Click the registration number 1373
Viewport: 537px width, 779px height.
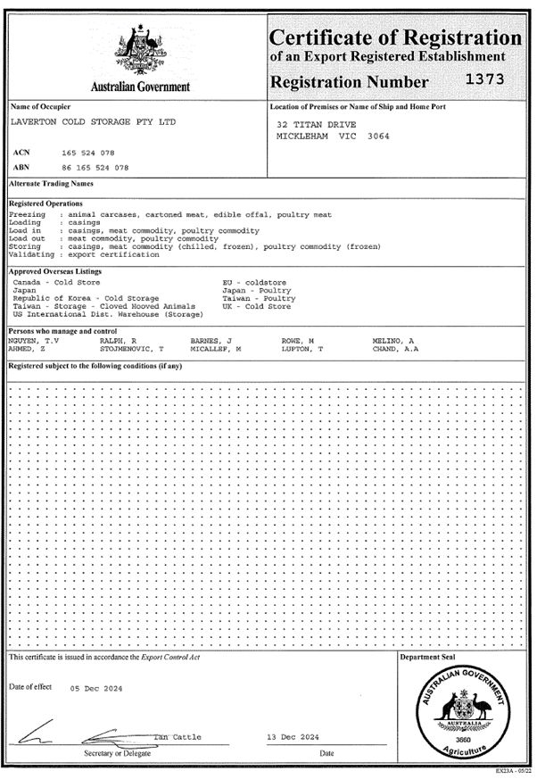[x=485, y=79]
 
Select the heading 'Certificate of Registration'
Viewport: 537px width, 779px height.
[x=395, y=37]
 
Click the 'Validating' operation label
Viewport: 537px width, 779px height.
[x=27, y=253]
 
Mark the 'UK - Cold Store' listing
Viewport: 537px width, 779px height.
[x=256, y=306]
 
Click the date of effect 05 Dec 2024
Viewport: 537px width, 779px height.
[x=96, y=688]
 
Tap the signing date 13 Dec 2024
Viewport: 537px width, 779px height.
[x=293, y=737]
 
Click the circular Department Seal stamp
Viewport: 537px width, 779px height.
[x=462, y=712]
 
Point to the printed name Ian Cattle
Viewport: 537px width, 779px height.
[x=178, y=737]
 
